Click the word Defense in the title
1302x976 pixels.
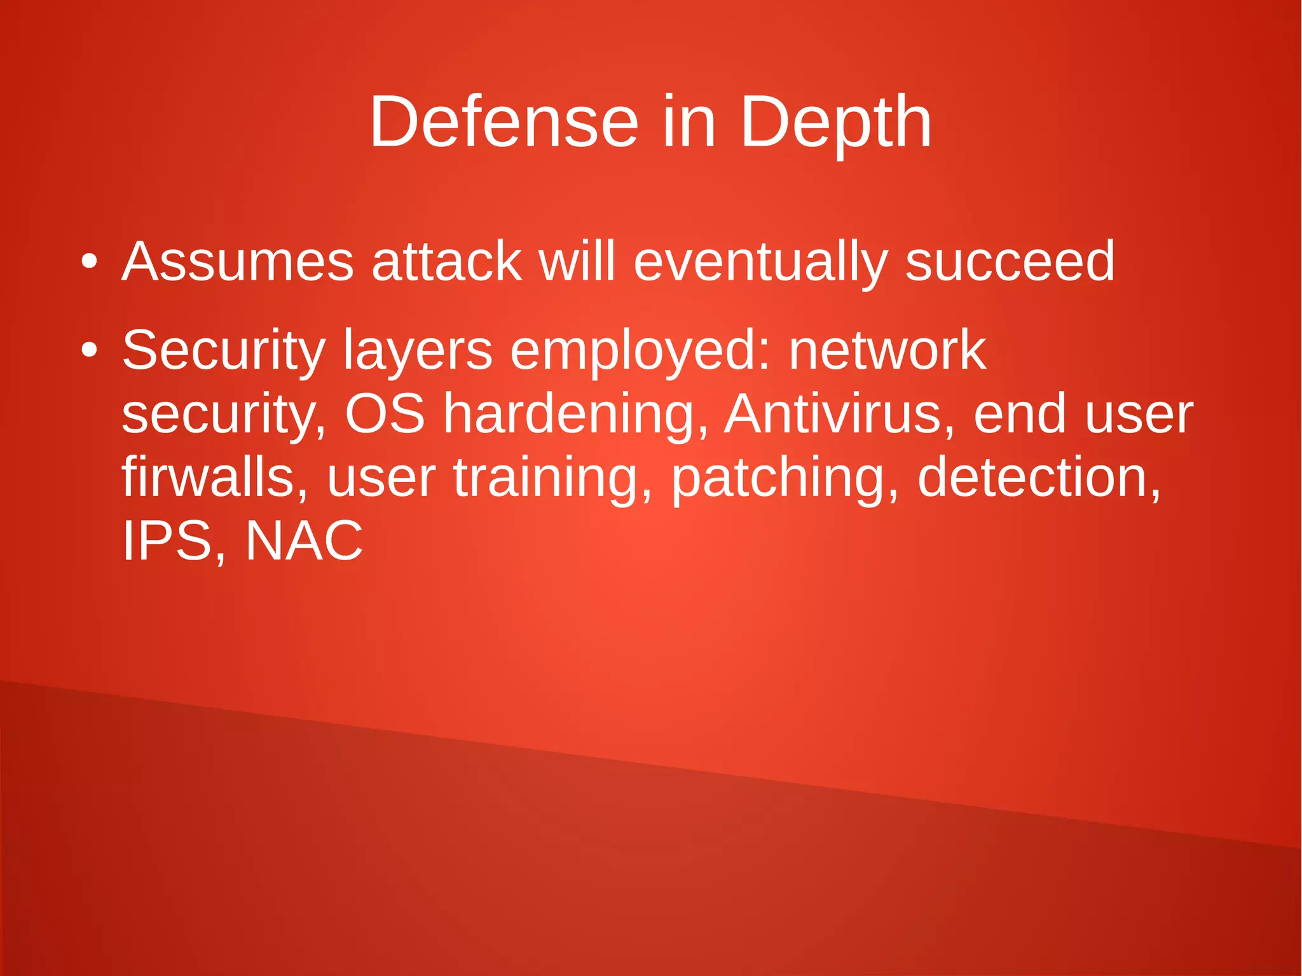tap(504, 121)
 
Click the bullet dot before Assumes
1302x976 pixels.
tap(90, 261)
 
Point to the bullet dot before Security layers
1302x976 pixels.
tap(90, 350)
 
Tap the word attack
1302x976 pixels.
tap(446, 261)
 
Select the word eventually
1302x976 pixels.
tap(760, 261)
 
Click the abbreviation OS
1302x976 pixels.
tap(385, 414)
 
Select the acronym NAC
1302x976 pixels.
tap(304, 541)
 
